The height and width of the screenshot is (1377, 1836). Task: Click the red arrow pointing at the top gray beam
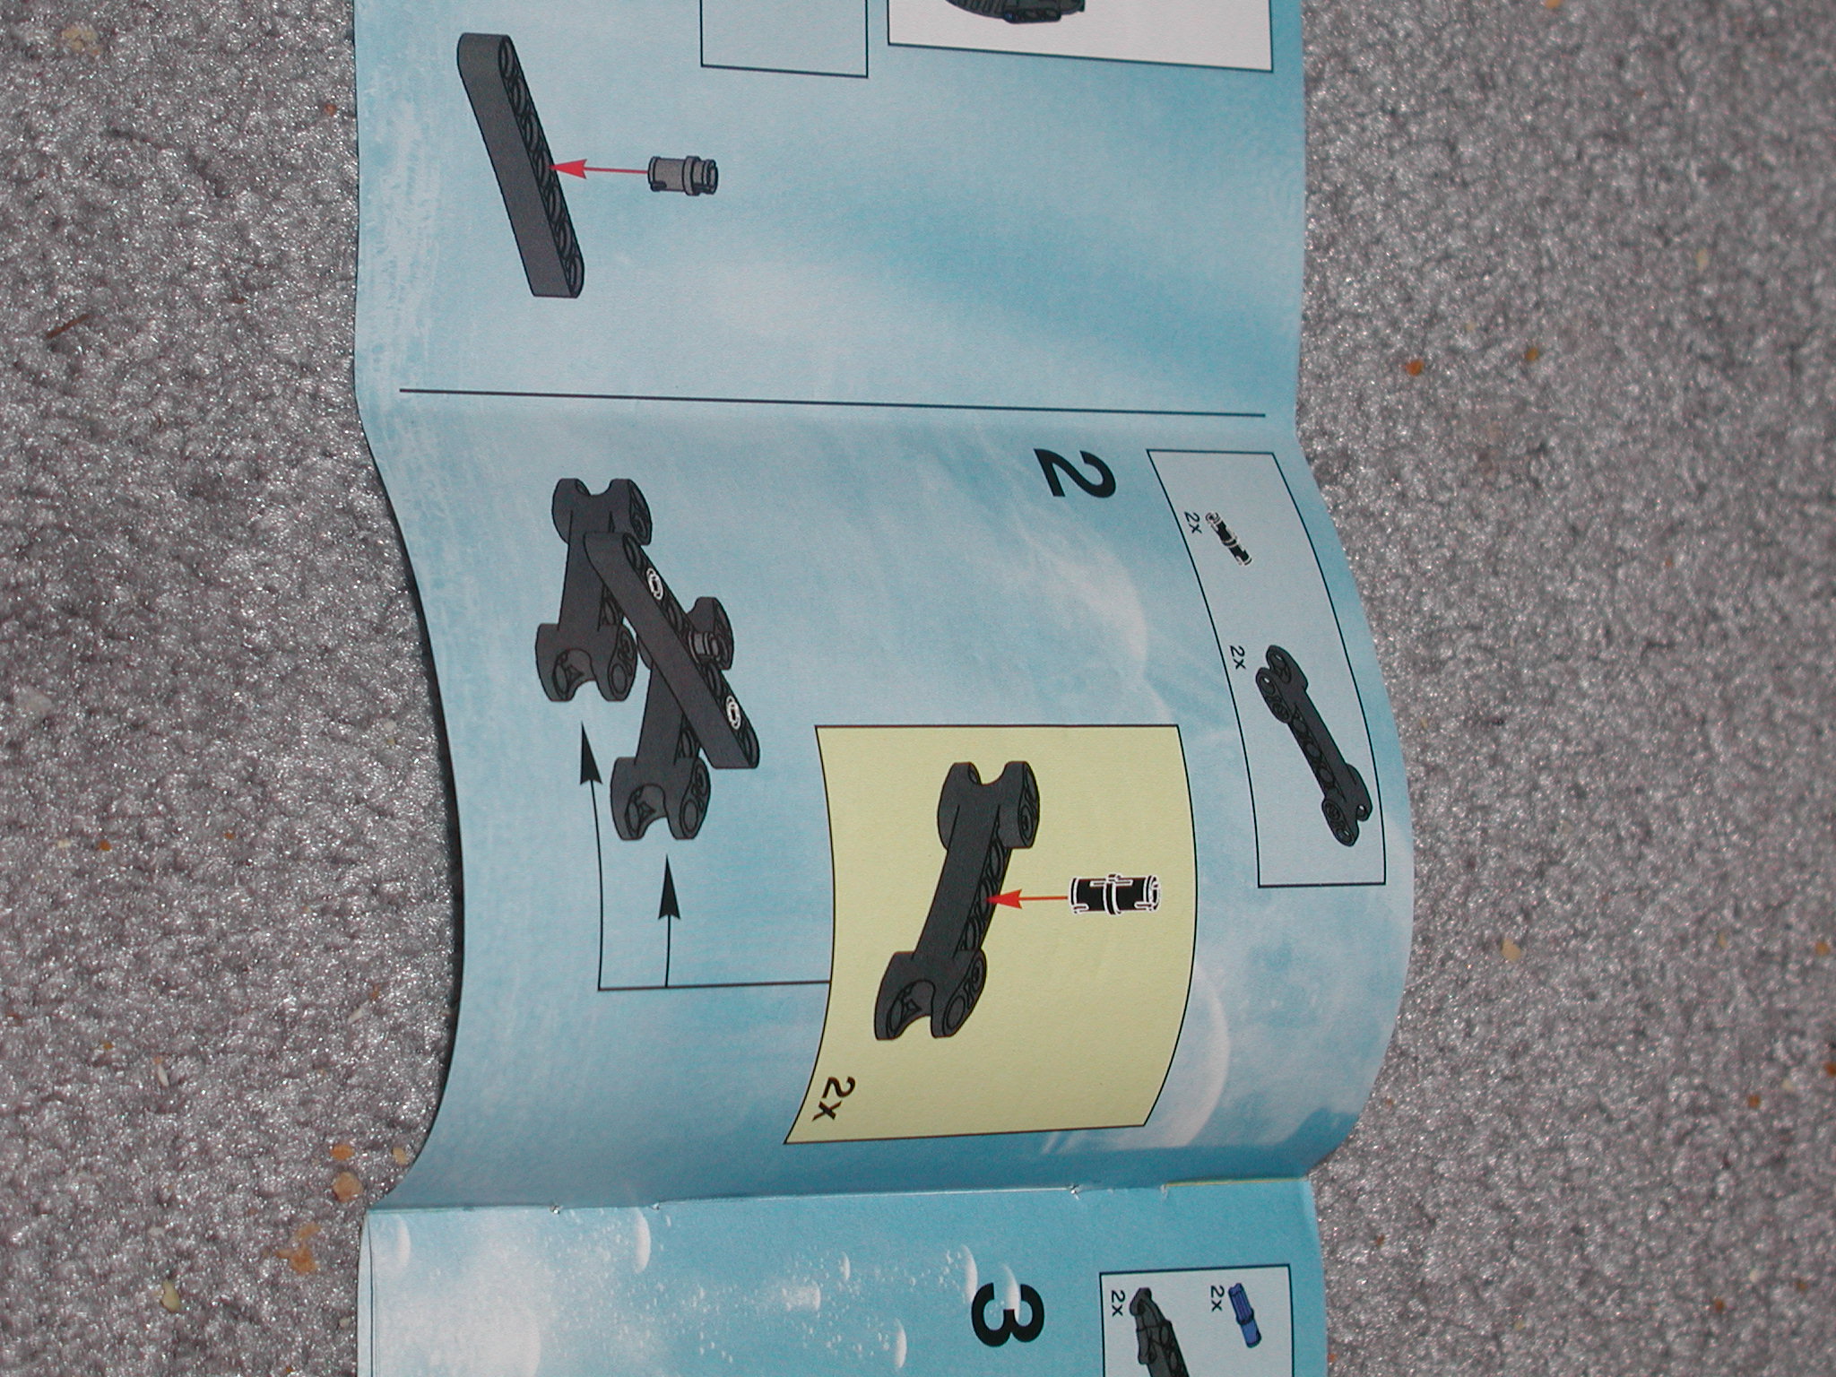(x=597, y=167)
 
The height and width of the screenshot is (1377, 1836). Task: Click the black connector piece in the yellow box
(x=956, y=852)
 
